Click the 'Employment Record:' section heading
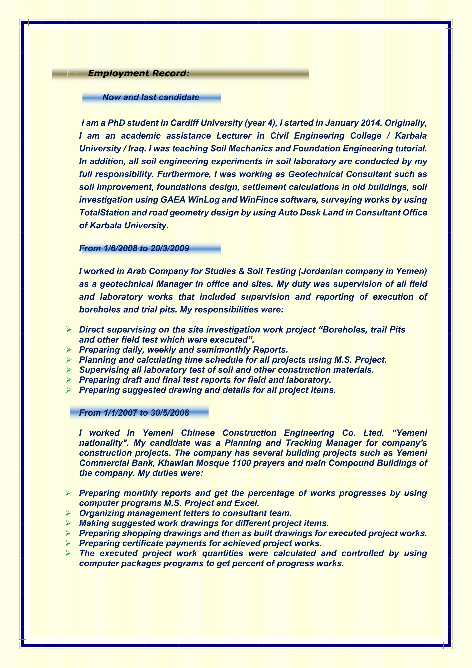(x=139, y=73)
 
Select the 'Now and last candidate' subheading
(x=151, y=97)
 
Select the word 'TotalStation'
(x=104, y=212)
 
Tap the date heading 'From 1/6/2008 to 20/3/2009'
(x=134, y=248)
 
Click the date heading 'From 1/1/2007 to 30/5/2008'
(x=134, y=413)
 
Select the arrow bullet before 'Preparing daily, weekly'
(x=69, y=349)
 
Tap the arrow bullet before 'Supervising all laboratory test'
(x=69, y=370)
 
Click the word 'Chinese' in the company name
(x=198, y=433)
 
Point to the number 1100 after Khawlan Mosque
(x=242, y=463)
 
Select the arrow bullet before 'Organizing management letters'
(x=69, y=513)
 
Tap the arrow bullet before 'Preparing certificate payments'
(x=69, y=543)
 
